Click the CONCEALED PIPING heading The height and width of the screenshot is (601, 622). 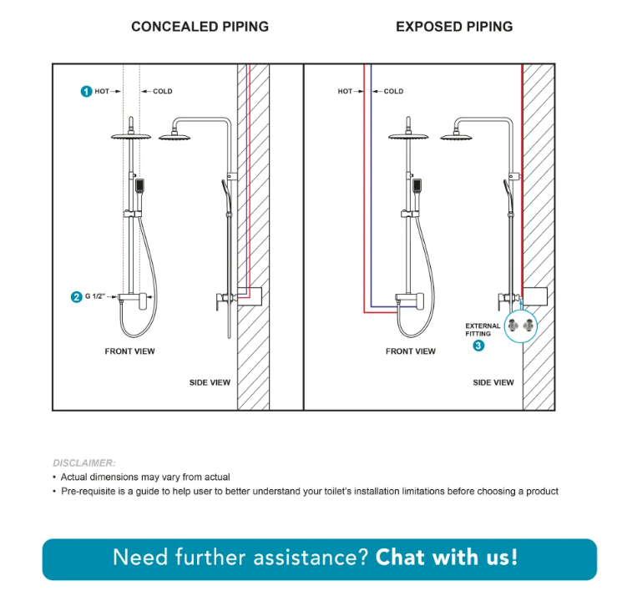click(x=200, y=27)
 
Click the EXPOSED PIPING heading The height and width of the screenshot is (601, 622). click(x=454, y=27)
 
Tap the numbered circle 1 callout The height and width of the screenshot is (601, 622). click(x=86, y=91)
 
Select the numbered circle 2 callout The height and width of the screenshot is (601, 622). click(x=77, y=296)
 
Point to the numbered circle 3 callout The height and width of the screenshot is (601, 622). click(x=478, y=346)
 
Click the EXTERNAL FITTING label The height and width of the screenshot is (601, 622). click(x=483, y=330)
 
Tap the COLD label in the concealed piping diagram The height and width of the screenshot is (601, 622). click(x=162, y=91)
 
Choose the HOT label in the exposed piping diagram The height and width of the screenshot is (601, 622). click(x=345, y=91)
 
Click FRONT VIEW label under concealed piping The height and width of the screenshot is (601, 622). click(x=129, y=351)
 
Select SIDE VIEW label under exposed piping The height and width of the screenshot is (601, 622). click(x=493, y=382)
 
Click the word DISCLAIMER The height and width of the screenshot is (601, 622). click(x=84, y=462)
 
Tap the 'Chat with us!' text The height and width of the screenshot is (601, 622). click(x=447, y=557)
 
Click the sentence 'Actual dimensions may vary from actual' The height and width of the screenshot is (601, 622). click(x=145, y=477)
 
